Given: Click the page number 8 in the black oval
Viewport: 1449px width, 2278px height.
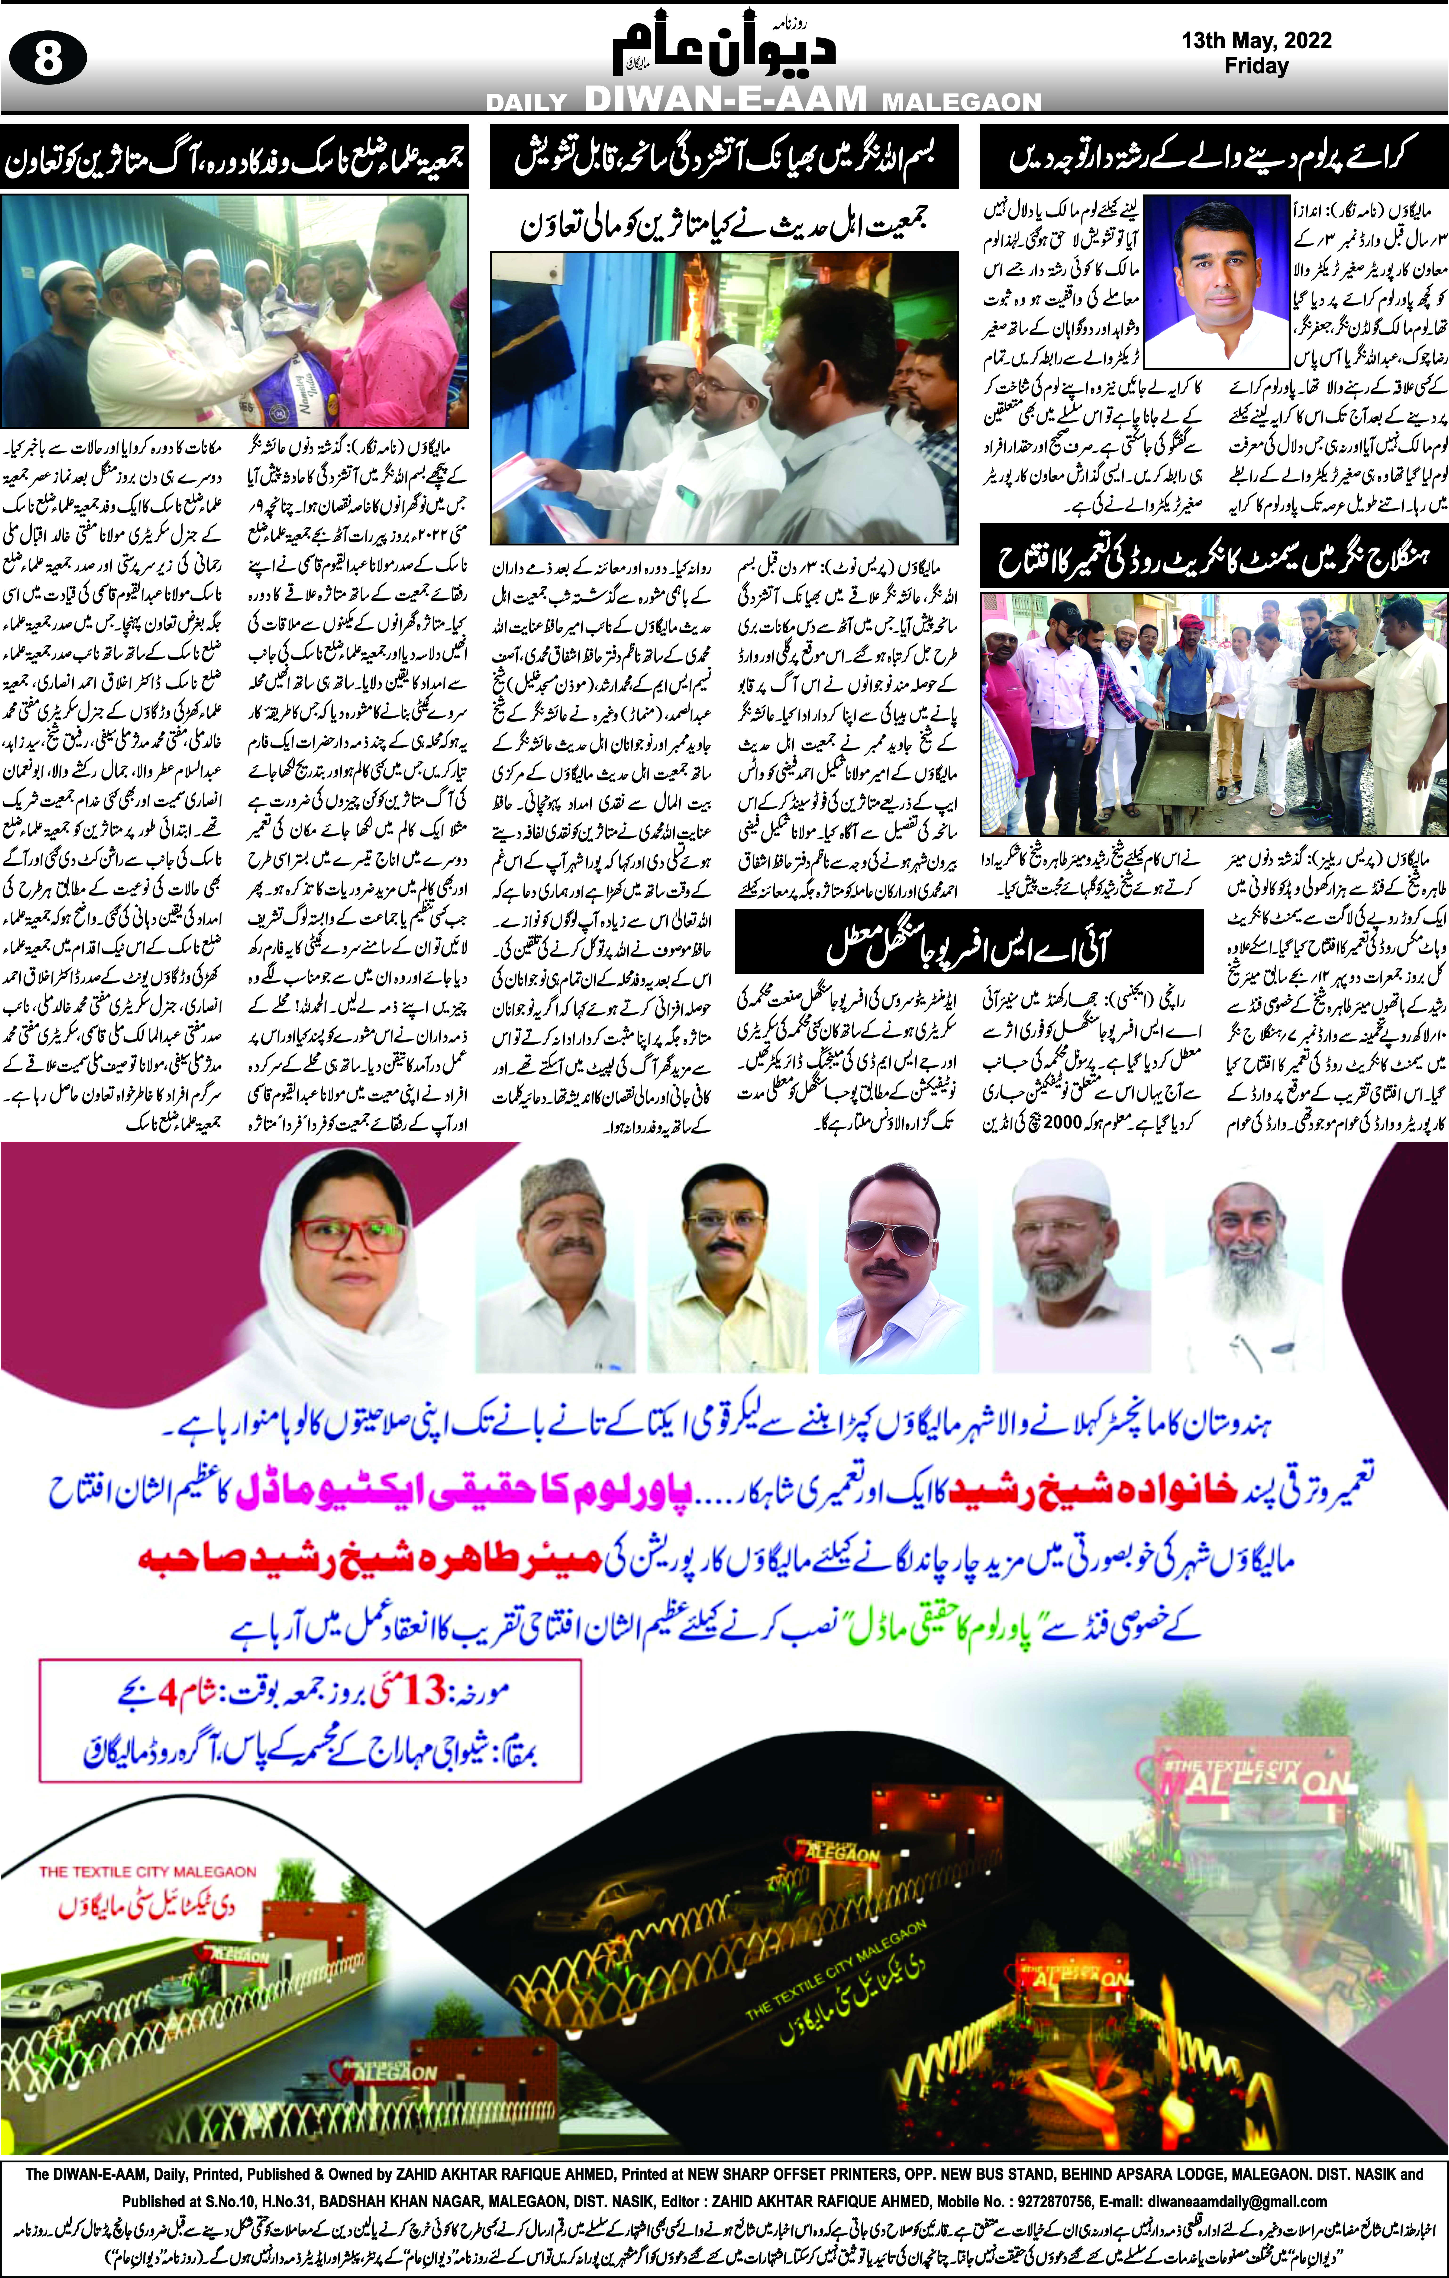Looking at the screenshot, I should pyautogui.click(x=47, y=60).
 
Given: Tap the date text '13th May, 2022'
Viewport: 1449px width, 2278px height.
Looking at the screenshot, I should pyautogui.click(x=1256, y=41).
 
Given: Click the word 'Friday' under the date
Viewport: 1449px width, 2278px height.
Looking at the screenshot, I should pyautogui.click(x=1256, y=66).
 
